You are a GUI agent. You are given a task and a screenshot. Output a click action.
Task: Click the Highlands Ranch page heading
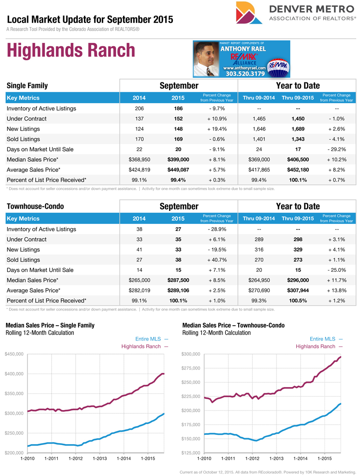point(71,51)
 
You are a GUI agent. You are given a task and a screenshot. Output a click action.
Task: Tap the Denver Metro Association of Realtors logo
point(295,13)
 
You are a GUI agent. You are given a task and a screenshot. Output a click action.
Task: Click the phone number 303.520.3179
point(245,73)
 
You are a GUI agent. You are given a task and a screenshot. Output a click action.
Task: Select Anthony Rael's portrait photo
point(206,59)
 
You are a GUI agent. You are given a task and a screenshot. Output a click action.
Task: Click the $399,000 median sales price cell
point(178,159)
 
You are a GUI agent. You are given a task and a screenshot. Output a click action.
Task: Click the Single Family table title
point(27,86)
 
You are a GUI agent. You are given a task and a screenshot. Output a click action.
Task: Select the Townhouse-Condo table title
point(35,206)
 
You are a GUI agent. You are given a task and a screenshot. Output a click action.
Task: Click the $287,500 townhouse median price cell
point(178,280)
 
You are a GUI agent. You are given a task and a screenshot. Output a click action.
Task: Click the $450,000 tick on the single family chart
point(14,354)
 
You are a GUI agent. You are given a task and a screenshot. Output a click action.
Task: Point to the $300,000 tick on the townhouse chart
point(191,354)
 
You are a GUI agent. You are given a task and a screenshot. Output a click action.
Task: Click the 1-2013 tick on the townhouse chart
point(276,459)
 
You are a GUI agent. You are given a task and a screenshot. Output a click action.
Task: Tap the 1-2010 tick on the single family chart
point(27,459)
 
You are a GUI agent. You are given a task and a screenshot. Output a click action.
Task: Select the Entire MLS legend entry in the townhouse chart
point(326,339)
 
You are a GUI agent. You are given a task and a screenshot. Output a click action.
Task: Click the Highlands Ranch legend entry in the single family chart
point(144,346)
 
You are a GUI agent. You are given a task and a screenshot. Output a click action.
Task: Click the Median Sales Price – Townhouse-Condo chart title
point(233,325)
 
